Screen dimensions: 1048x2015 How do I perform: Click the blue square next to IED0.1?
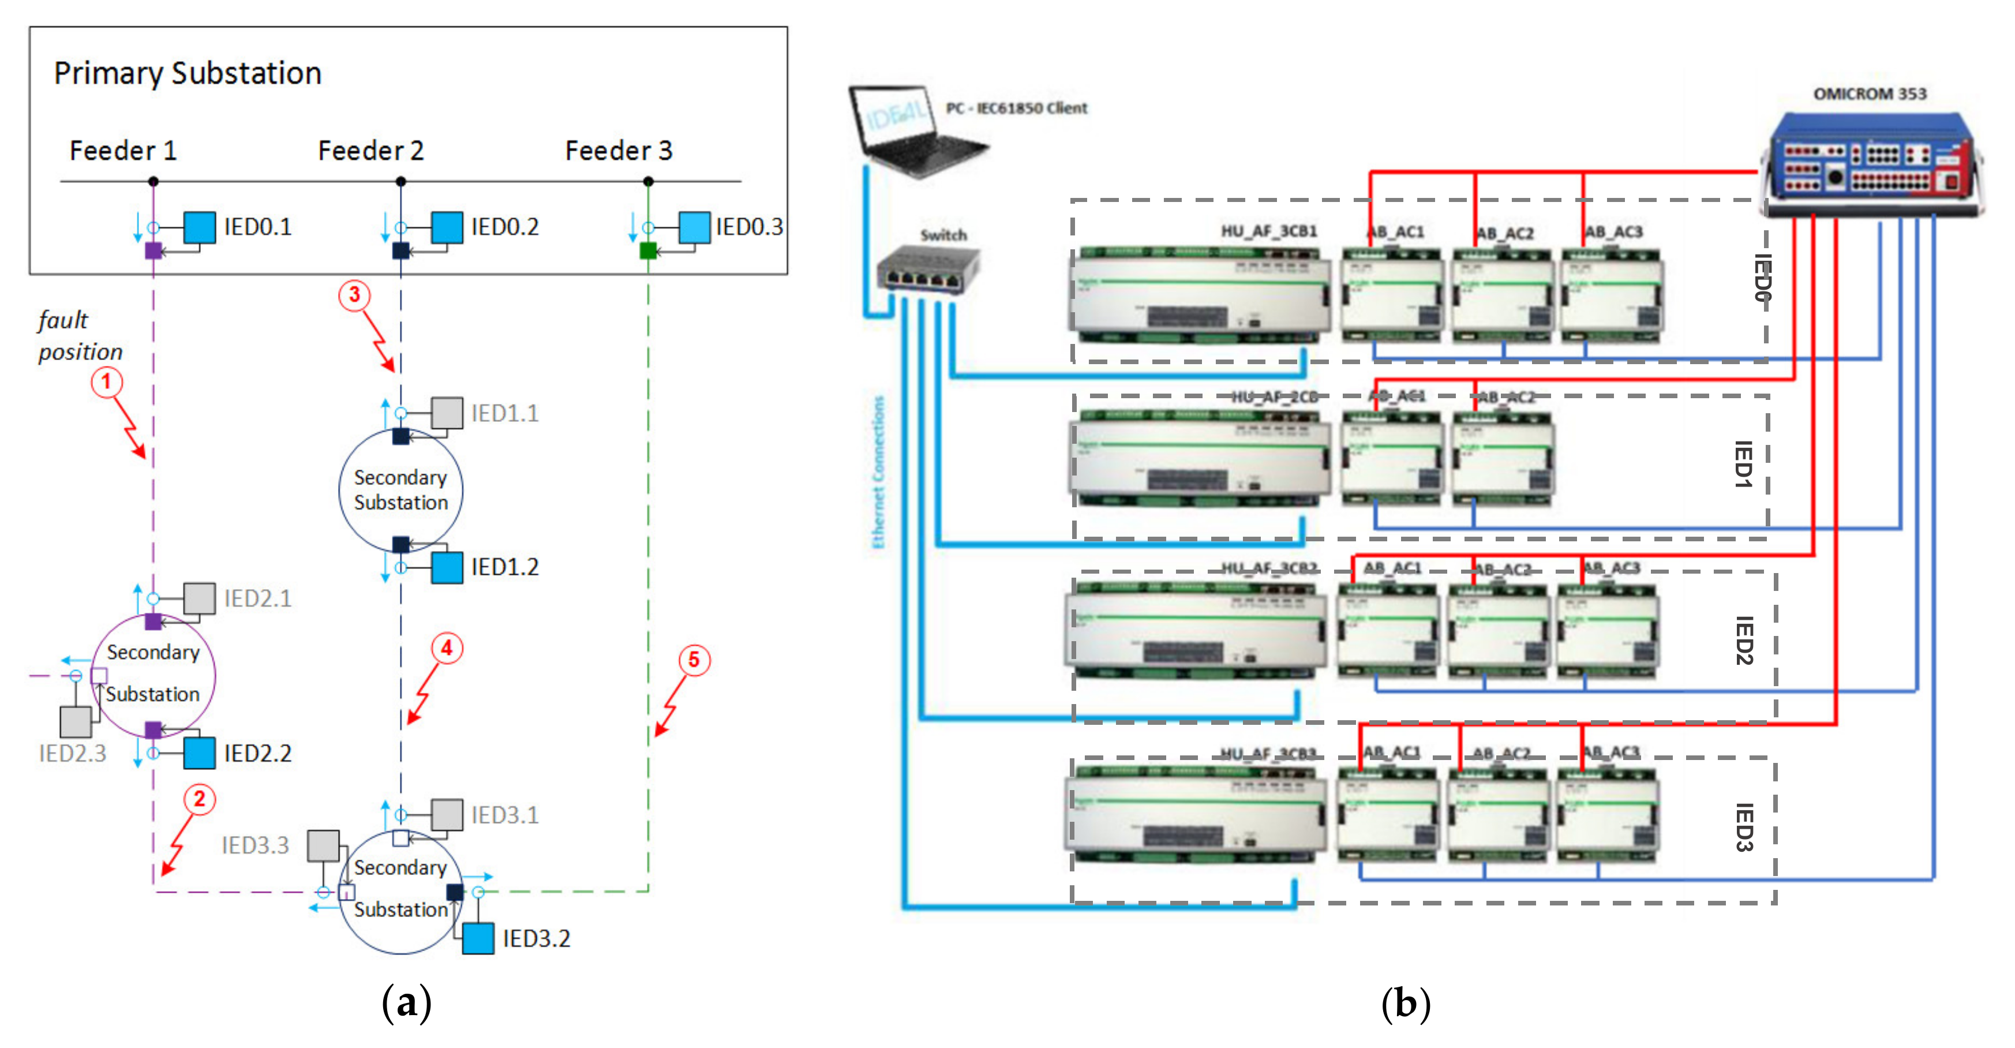coord(200,227)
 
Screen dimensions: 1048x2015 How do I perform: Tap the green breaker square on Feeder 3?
coord(647,251)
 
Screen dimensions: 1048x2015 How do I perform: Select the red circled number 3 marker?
coord(354,295)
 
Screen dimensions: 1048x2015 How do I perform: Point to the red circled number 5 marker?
coord(694,660)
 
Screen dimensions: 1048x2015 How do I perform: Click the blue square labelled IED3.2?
coord(478,938)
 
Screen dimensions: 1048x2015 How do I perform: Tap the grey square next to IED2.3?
coord(76,722)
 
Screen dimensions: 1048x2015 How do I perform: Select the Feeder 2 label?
coord(371,150)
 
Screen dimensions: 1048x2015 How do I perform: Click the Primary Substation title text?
coord(188,73)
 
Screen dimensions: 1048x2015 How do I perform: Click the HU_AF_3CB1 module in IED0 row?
coord(1197,295)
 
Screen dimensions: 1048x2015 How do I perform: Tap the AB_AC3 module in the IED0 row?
coord(1612,295)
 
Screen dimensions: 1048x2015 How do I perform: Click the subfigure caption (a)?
coord(406,1002)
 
